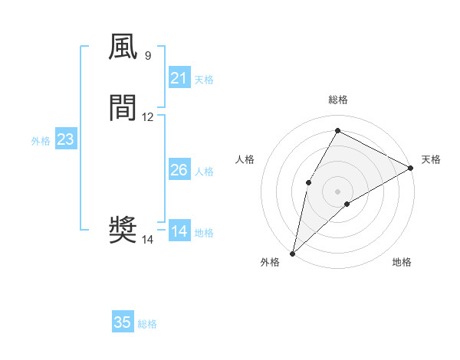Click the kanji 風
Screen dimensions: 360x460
pos(123,47)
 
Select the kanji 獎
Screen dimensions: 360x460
pos(123,229)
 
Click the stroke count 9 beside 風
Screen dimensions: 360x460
pos(147,56)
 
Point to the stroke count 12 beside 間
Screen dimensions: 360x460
pos(148,117)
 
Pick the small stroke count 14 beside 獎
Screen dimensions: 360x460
pos(148,240)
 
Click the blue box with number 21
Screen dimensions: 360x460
pos(179,78)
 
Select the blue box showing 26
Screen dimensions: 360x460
pos(179,170)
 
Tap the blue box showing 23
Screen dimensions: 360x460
pos(65,139)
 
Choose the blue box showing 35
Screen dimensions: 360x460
pos(123,322)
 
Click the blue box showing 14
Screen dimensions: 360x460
pos(179,231)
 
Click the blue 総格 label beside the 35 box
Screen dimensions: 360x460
pos(147,324)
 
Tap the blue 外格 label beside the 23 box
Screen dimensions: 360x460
pos(41,141)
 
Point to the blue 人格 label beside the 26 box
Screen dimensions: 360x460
pos(205,172)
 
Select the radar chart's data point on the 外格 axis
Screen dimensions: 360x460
pos(292,253)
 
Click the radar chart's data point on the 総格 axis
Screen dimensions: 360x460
pos(337,129)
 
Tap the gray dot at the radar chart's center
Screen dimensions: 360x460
pos(337,191)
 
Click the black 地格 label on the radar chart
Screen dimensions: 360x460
pos(402,262)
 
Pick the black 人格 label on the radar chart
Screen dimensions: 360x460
pos(245,159)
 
